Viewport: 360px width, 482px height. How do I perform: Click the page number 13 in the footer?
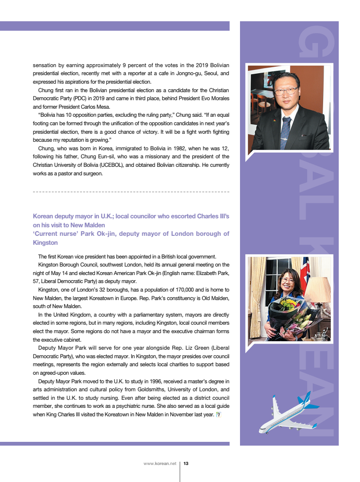(186, 464)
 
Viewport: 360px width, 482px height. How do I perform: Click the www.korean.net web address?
(160, 464)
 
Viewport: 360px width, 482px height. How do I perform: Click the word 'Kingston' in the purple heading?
(45, 242)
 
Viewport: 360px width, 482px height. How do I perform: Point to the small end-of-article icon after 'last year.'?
(218, 415)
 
